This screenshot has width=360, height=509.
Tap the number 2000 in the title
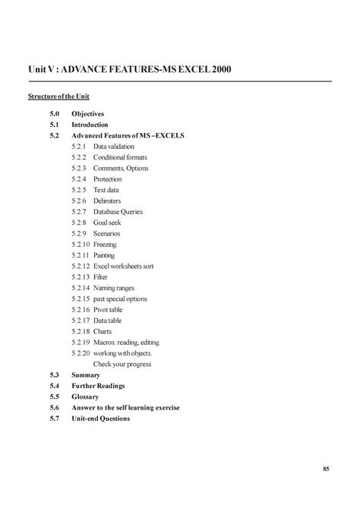click(216, 70)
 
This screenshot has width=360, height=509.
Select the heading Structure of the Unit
click(59, 97)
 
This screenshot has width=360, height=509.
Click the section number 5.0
click(55, 113)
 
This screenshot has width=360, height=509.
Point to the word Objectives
click(87, 113)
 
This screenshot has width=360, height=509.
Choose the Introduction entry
click(90, 124)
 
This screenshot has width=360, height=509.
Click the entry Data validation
click(114, 146)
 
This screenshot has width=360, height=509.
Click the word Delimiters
click(107, 201)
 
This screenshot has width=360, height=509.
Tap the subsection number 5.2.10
click(81, 245)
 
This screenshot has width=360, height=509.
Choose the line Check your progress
click(122, 364)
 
